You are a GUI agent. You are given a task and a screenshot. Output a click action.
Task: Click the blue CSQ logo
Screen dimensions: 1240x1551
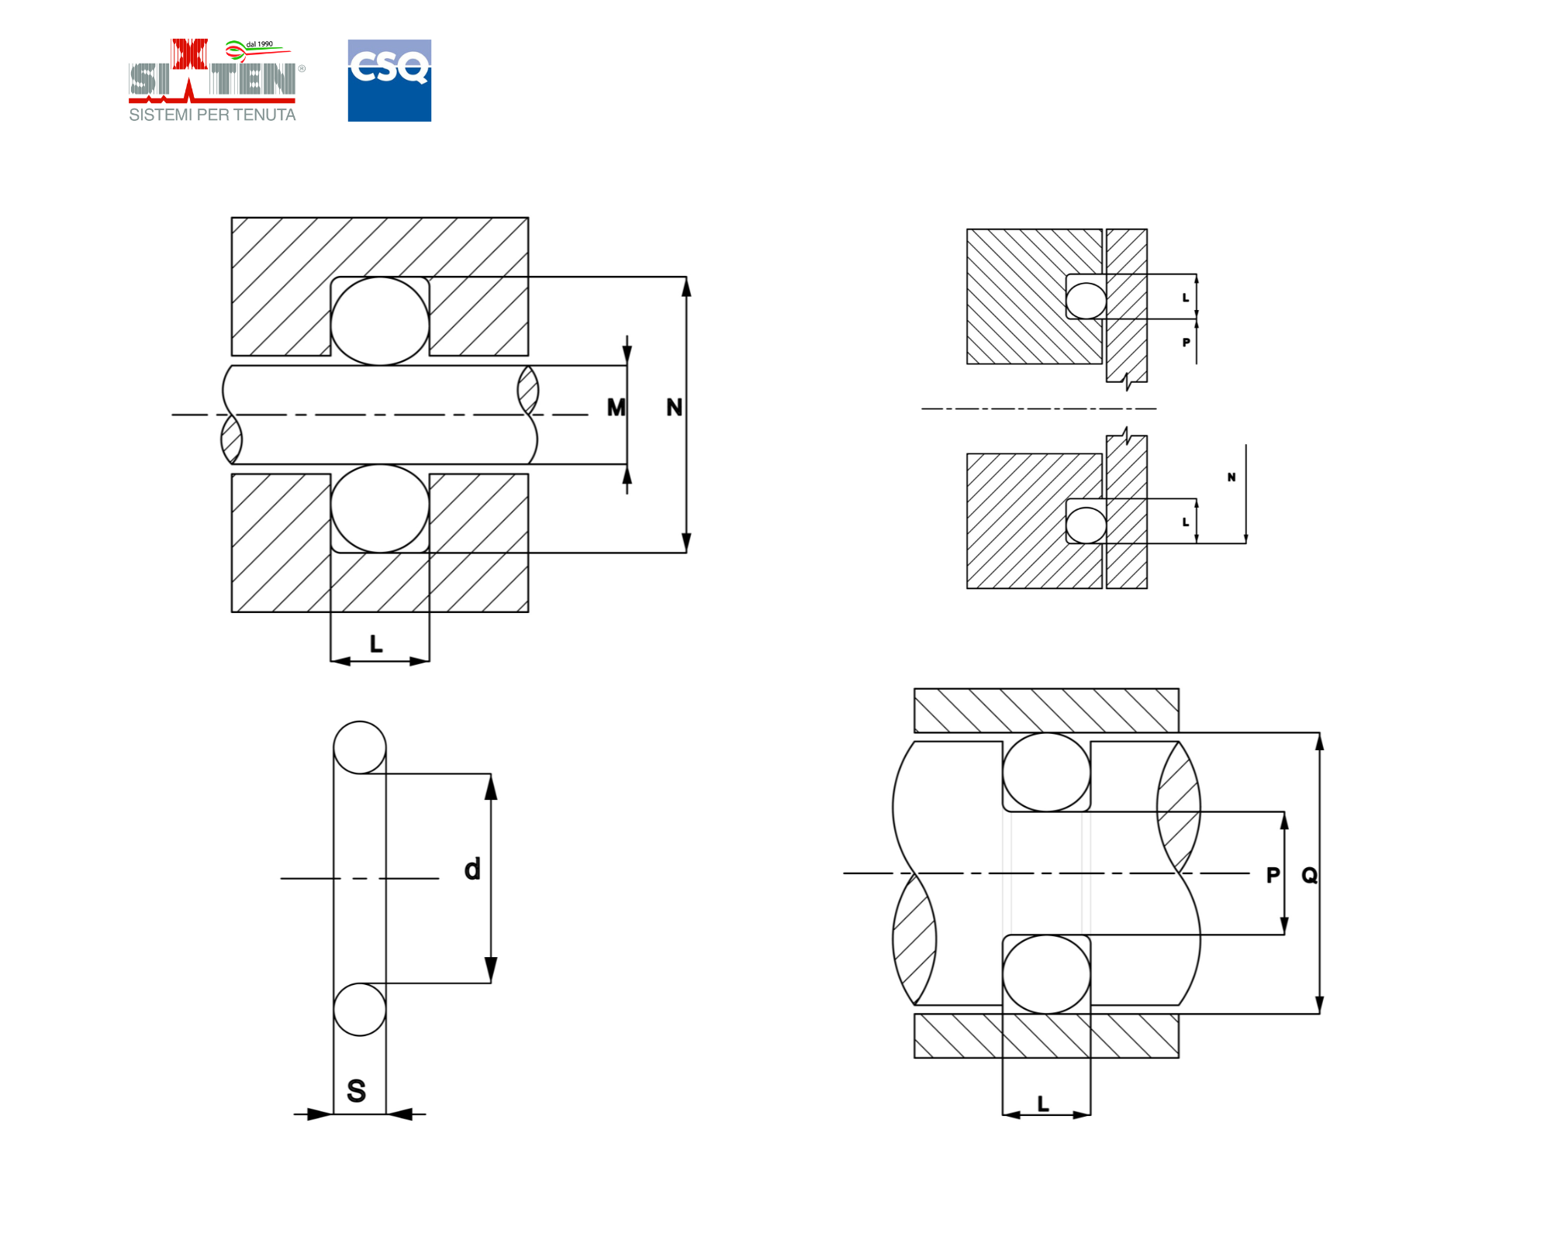(389, 81)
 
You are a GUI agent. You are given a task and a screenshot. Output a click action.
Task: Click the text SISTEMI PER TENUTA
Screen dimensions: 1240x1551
(212, 115)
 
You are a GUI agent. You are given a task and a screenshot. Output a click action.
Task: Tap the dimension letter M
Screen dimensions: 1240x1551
(616, 408)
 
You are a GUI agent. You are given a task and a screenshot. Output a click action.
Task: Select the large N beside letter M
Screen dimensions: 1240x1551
(674, 408)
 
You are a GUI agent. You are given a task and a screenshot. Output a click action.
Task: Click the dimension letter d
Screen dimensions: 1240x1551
(472, 870)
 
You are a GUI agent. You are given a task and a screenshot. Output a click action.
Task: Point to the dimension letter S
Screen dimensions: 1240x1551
(356, 1091)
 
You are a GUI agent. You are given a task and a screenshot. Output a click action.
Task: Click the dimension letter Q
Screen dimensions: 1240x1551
(1309, 876)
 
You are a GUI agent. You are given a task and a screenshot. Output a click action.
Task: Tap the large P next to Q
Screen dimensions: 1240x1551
(1273, 876)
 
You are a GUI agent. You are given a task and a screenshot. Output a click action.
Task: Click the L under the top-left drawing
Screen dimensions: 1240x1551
(376, 644)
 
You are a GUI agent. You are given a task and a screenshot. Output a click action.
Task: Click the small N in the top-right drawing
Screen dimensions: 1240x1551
(1231, 477)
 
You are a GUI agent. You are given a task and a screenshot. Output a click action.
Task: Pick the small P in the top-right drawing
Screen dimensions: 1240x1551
(1186, 343)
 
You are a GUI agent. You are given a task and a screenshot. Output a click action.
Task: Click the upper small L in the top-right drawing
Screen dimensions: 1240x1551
(1185, 298)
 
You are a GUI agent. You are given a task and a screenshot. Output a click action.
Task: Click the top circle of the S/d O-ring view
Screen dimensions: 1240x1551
(360, 748)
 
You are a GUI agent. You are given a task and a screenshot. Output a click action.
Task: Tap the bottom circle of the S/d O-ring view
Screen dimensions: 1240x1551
(360, 1010)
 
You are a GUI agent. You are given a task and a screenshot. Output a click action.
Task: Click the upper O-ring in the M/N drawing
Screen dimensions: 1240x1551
(380, 321)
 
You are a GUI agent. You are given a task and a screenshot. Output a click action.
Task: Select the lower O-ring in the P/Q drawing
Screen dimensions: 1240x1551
(1046, 973)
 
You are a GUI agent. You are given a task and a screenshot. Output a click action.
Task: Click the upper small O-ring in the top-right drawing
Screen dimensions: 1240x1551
(1086, 301)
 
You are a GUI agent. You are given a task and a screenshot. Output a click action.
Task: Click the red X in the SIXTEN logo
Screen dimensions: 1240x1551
(189, 55)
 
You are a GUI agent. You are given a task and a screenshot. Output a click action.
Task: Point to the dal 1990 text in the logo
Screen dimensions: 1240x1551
(259, 44)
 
